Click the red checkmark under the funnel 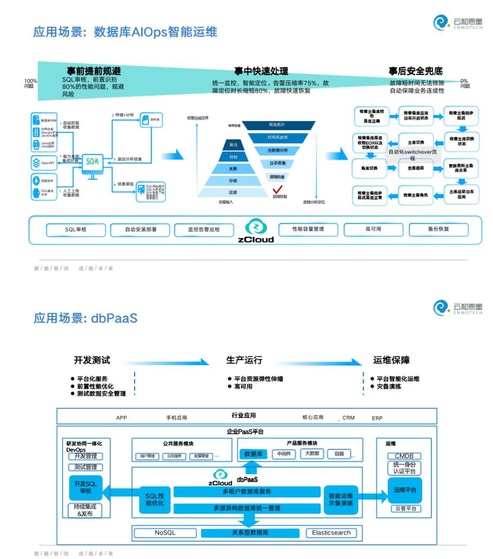(278, 189)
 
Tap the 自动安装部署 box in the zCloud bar (141, 230)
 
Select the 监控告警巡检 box (204, 230)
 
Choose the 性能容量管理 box (308, 229)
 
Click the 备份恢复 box (438, 229)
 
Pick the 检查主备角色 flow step (416, 195)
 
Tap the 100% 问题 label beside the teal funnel (30, 84)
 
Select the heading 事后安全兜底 (415, 71)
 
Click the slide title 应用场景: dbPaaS (85, 318)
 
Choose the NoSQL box (165, 533)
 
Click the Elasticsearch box (331, 533)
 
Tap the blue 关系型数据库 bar (250, 533)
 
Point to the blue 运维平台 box (404, 490)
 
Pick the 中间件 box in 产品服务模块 (284, 454)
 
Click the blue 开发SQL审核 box (85, 487)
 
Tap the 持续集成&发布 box (85, 510)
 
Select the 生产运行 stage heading (244, 360)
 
